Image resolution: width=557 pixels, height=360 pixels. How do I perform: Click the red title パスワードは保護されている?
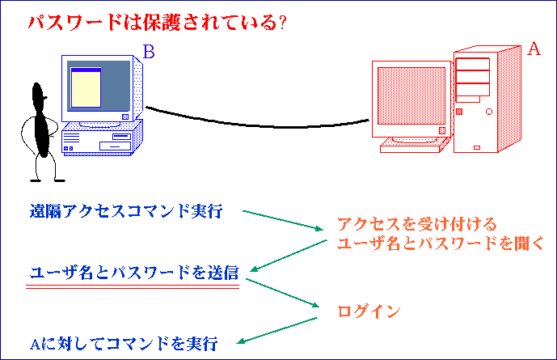(158, 23)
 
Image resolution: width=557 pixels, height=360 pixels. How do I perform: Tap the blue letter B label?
(149, 52)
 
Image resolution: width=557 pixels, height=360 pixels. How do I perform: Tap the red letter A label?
(534, 49)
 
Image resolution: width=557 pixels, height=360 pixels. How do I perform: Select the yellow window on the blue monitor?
(87, 87)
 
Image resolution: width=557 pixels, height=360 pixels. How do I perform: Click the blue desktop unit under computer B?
(103, 138)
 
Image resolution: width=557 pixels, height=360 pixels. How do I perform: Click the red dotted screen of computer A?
(411, 96)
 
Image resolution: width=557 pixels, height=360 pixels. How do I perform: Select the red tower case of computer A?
(487, 100)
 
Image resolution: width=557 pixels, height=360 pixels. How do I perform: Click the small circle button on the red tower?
(489, 112)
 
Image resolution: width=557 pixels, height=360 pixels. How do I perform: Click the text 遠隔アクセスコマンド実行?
(126, 211)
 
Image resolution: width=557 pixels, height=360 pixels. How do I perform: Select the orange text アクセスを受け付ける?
(416, 224)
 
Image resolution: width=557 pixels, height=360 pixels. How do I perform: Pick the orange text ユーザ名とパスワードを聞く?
(441, 244)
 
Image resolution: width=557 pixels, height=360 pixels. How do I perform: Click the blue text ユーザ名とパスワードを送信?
(134, 273)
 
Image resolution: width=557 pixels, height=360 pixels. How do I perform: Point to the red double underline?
(133, 286)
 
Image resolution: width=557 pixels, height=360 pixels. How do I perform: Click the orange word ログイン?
(369, 311)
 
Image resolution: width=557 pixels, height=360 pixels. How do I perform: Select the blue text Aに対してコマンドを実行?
(124, 344)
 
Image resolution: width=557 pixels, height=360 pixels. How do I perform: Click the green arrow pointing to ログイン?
(282, 293)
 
